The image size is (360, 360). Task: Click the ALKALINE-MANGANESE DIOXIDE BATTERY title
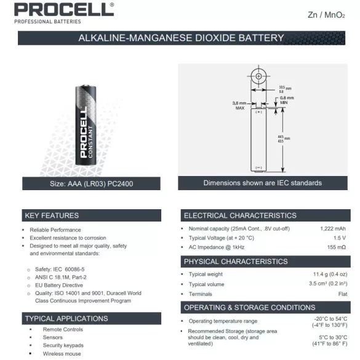[181, 38]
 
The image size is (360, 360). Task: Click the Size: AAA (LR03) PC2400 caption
[92, 183]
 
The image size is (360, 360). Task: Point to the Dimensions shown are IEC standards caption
[262, 183]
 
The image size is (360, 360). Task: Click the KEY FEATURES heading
[52, 215]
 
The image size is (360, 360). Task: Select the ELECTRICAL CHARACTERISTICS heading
[240, 215]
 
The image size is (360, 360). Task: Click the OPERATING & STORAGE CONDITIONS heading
[249, 307]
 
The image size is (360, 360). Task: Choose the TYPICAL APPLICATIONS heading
[66, 318]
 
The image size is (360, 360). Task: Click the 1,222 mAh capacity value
[333, 229]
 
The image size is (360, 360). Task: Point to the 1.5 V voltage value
[340, 238]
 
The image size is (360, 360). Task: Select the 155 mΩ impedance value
[336, 247]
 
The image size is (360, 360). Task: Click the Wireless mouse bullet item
[62, 354]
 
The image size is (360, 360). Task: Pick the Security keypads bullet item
[63, 346]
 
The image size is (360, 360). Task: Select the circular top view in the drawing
[259, 78]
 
